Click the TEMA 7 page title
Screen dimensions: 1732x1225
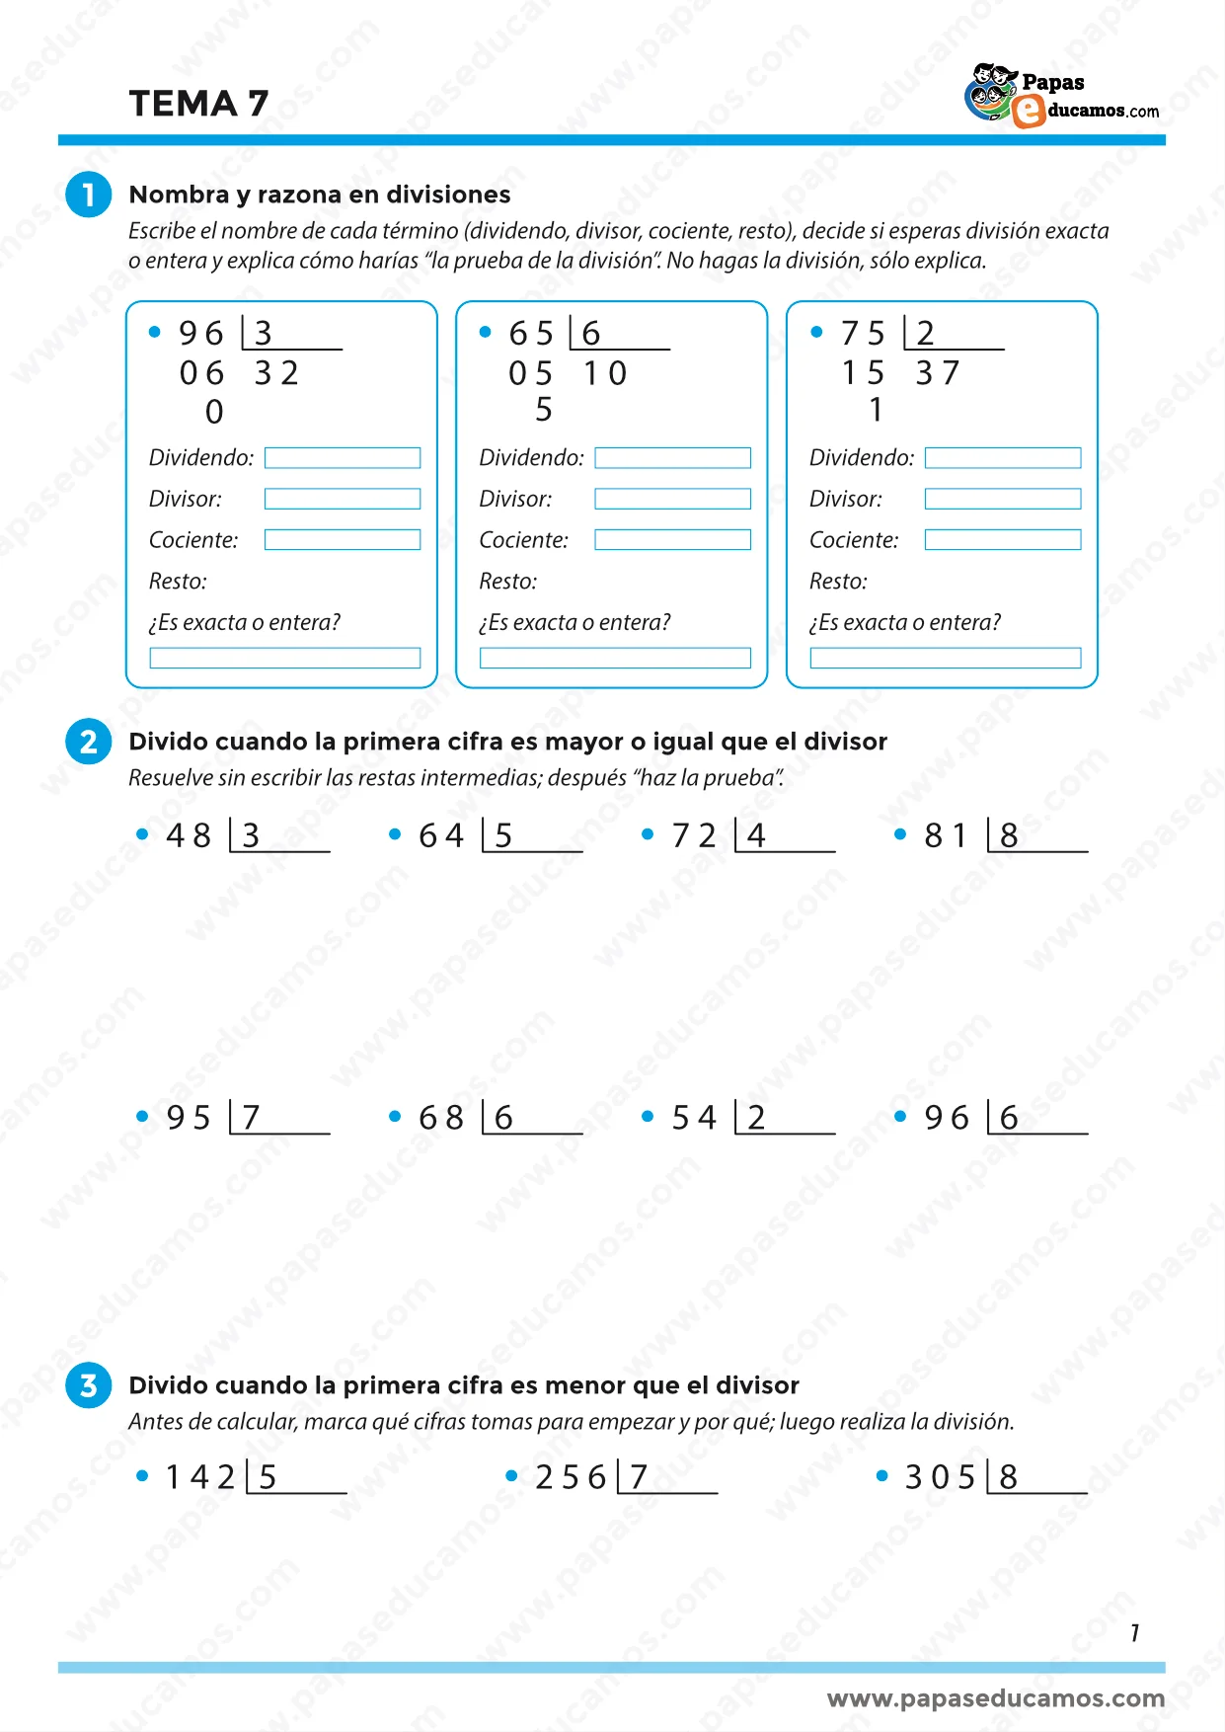pos(198,104)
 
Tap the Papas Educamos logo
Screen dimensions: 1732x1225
pos(1061,97)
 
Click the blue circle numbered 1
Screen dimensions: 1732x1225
pos(89,194)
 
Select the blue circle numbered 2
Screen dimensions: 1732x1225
pos(89,742)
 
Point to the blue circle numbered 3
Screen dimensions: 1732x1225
pos(89,1385)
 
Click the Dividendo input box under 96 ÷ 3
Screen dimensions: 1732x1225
pos(342,458)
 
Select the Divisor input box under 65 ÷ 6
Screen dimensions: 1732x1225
pos(672,499)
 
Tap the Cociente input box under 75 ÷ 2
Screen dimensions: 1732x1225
pos(1002,540)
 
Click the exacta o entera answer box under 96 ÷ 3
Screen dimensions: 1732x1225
pos(284,658)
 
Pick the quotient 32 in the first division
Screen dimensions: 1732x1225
pos(276,373)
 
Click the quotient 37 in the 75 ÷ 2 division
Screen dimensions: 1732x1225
pos(938,373)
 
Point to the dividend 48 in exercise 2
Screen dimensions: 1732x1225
pos(189,836)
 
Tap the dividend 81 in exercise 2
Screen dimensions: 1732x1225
pos(946,836)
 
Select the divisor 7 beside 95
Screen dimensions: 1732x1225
pos(252,1118)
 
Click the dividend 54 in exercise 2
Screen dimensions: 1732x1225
pos(694,1118)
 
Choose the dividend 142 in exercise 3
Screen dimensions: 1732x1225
pos(200,1477)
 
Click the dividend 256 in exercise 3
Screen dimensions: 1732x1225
pos(571,1477)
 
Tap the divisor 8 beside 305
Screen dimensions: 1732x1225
pos(1008,1477)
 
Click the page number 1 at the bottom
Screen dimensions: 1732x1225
pos(1135,1633)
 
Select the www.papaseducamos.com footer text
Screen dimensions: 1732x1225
pos(995,1698)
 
